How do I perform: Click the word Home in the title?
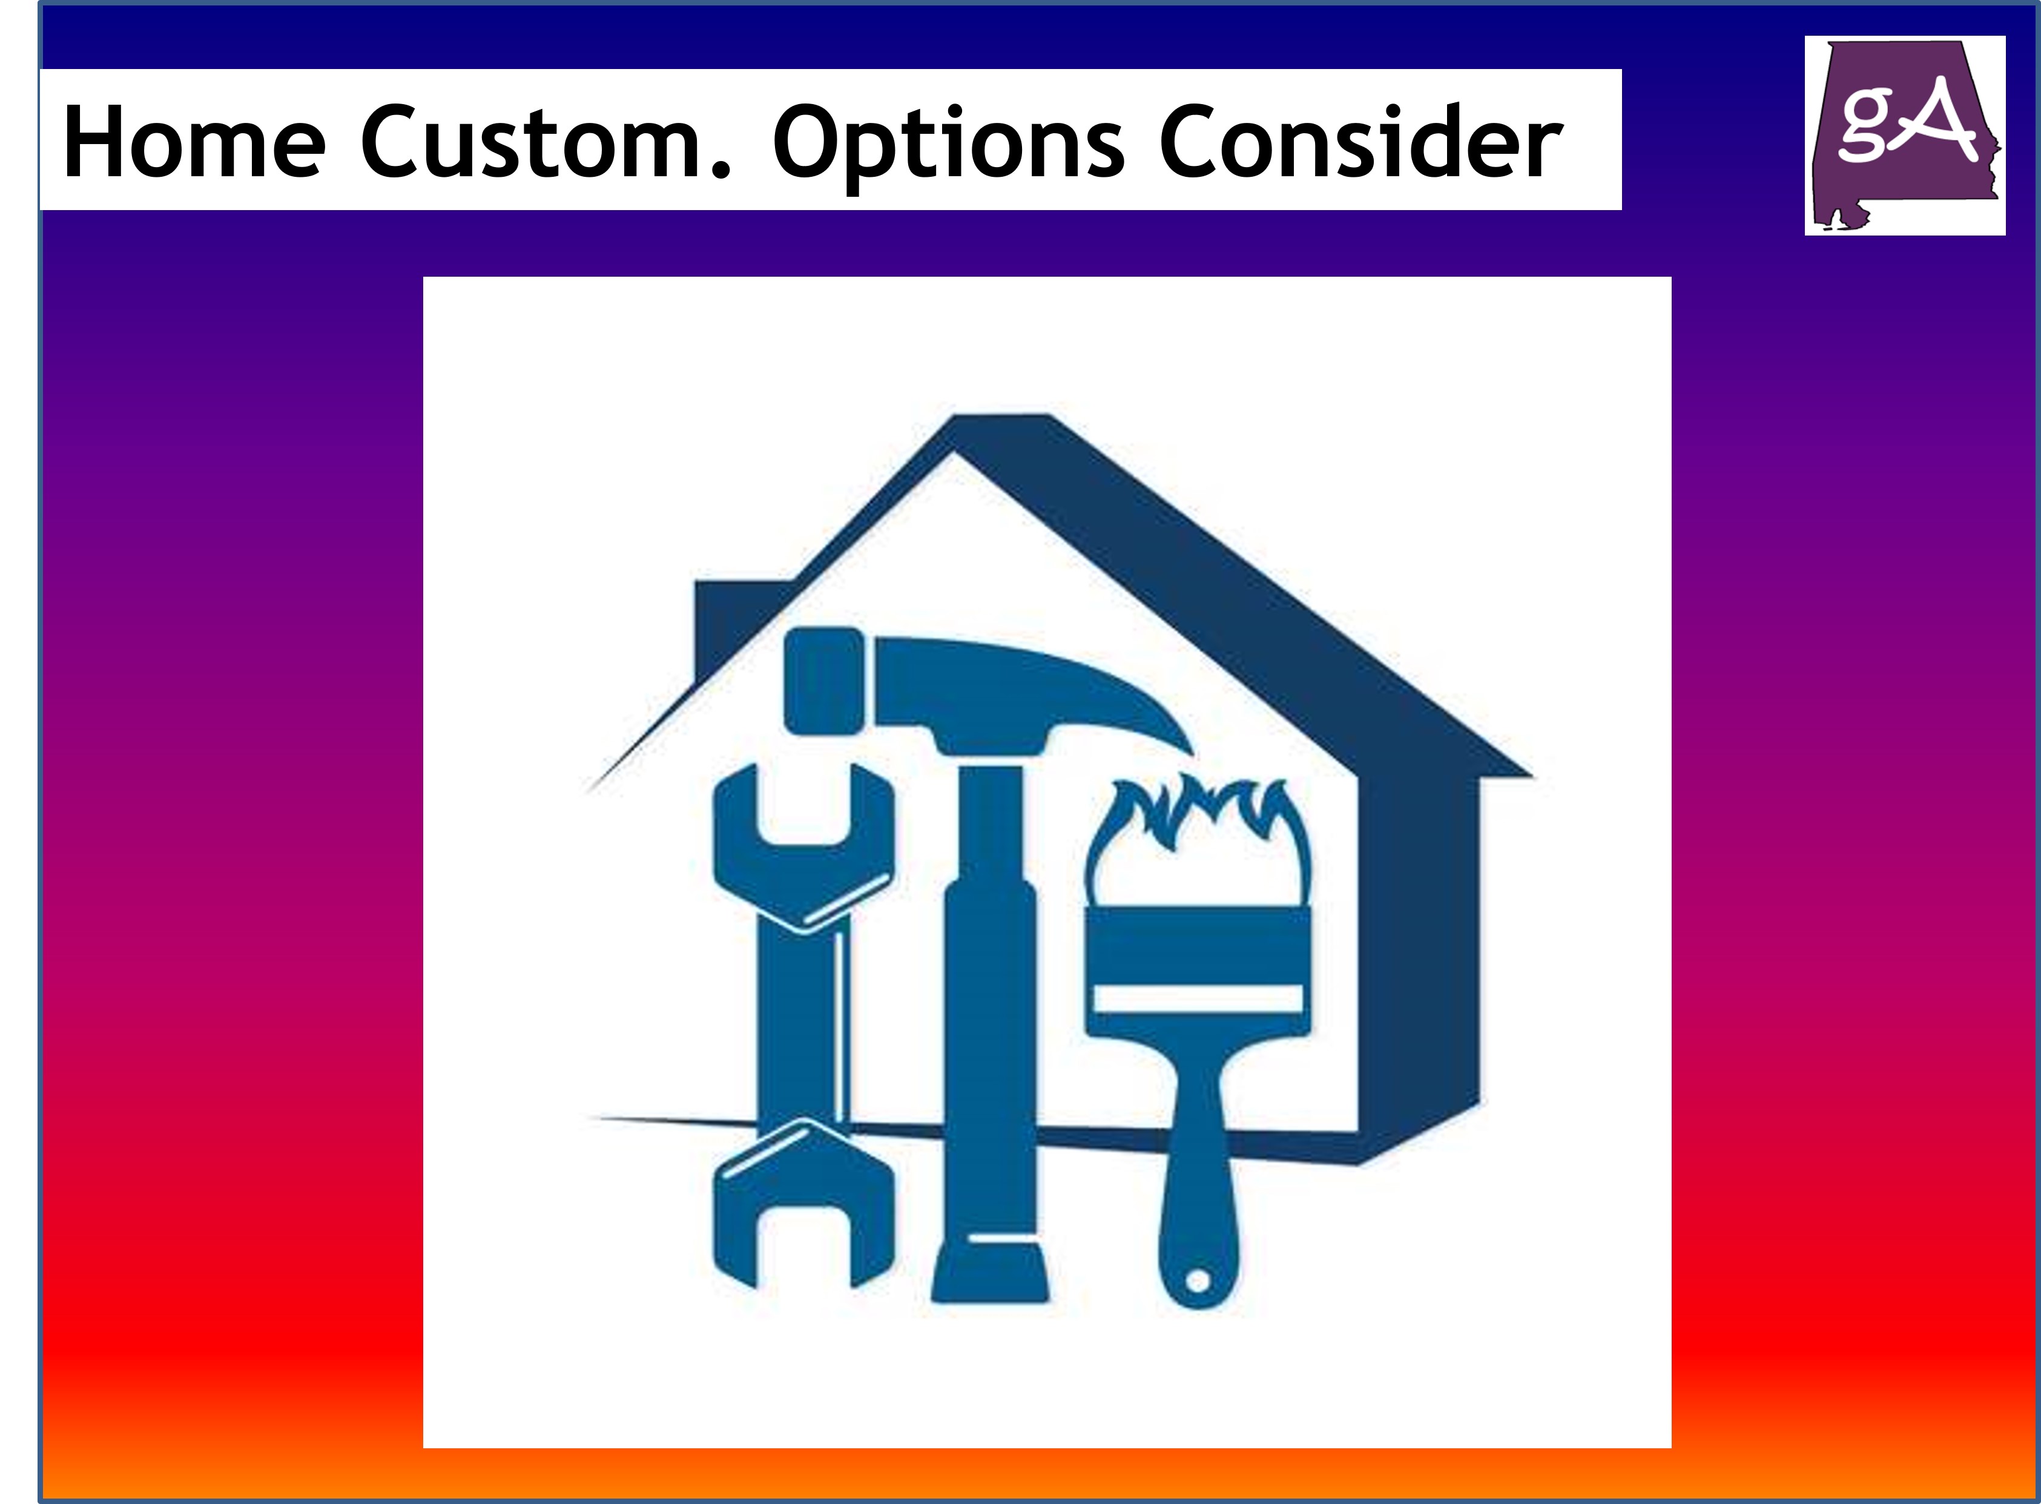[194, 143]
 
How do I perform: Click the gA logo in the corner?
[1904, 136]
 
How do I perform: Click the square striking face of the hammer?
[823, 681]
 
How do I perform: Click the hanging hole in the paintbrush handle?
[1198, 1282]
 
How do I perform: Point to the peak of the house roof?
[1001, 428]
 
